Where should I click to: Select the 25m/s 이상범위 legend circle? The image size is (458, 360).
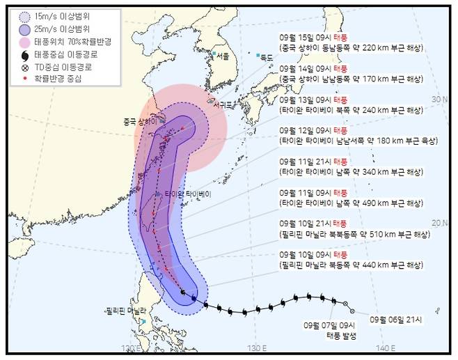(24, 30)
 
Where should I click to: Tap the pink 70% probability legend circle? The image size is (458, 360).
(24, 43)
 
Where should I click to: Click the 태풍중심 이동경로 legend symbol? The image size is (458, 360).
(24, 56)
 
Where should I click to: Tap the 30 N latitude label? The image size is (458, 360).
(439, 100)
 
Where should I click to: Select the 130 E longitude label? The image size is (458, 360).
(257, 347)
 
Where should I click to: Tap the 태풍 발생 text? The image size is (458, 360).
(341, 336)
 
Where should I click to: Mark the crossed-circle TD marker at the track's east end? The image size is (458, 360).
(352, 311)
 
